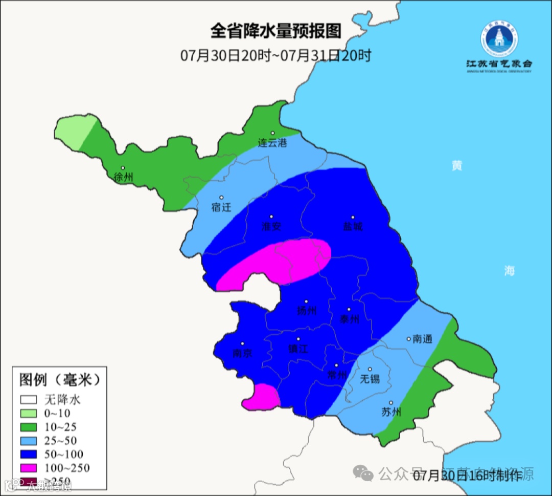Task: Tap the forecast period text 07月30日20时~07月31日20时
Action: pos(275,55)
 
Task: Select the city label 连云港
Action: pos(272,143)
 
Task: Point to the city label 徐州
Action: pos(123,178)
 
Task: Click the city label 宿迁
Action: pos(221,207)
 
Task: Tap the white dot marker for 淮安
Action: pos(271,217)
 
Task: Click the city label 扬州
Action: pos(307,311)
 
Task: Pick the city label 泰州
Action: pos(349,319)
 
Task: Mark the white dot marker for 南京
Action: pos(243,344)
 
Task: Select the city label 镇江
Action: pos(298,349)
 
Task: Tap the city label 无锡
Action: pos(370,379)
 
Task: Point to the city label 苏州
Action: pos(392,412)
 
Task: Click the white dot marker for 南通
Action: pos(408,338)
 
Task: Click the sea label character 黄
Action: pos(456,165)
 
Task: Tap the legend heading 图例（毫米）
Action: pos(59,380)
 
